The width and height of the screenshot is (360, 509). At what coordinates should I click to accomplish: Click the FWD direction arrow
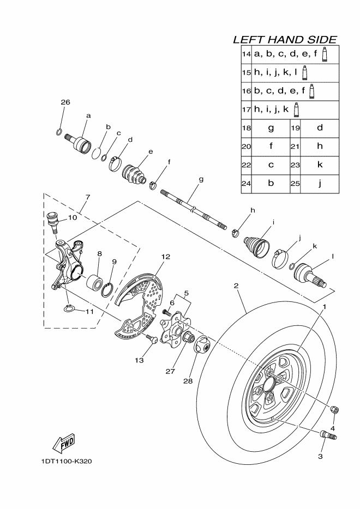click(x=64, y=443)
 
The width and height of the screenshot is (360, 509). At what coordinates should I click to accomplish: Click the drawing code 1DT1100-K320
click(x=67, y=461)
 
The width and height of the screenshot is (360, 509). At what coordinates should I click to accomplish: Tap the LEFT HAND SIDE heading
click(x=285, y=40)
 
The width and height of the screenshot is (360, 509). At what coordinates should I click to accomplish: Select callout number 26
click(x=65, y=102)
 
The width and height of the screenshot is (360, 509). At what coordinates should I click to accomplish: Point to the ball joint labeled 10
click(x=52, y=221)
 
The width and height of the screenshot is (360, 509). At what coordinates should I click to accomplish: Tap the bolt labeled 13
click(x=152, y=339)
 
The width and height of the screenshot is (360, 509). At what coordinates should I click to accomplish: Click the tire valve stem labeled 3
click(x=328, y=435)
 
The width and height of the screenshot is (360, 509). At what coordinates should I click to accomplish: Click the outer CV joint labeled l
click(x=310, y=275)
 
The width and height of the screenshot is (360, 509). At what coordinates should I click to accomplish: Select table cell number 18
click(x=247, y=128)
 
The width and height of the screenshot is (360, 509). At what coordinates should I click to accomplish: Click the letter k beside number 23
click(x=320, y=165)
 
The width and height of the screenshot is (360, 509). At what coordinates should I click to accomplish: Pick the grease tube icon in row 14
click(x=324, y=54)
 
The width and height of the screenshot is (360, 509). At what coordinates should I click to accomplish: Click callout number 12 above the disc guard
click(x=165, y=257)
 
